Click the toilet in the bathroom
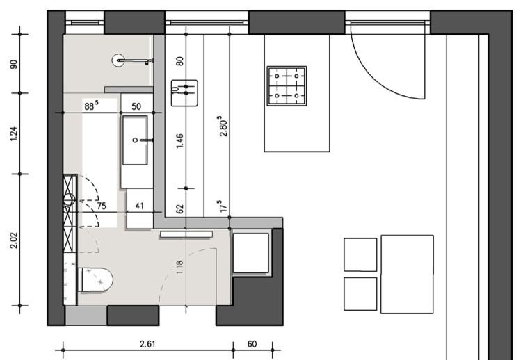click(96, 279)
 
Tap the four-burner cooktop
click(287, 85)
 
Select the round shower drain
click(118, 60)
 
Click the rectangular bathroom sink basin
click(135, 140)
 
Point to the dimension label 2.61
click(147, 343)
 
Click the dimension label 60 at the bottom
click(252, 343)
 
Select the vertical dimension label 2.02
click(14, 240)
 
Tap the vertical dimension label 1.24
click(14, 133)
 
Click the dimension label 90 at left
click(14, 64)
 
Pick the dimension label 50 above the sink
click(136, 106)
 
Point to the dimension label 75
click(102, 206)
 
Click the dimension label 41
click(139, 206)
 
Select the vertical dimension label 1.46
click(179, 140)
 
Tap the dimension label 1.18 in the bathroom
click(179, 268)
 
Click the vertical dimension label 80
click(179, 61)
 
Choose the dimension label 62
click(179, 209)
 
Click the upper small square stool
click(360, 254)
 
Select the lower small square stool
click(360, 294)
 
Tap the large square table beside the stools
click(407, 275)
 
